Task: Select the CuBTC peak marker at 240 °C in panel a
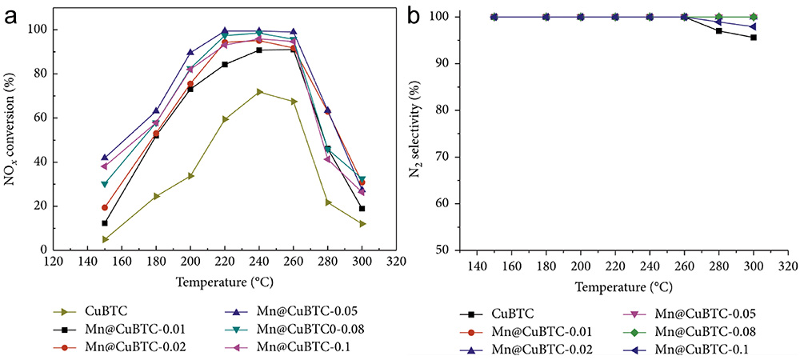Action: pyautogui.click(x=259, y=91)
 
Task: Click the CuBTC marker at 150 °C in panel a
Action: pyautogui.click(x=105, y=239)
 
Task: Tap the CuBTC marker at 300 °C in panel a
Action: pyautogui.click(x=362, y=224)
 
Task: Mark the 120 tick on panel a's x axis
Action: pyautogui.click(x=54, y=262)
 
